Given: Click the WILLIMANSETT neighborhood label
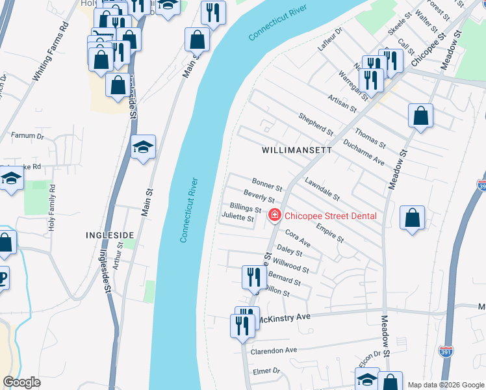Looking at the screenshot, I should [297, 149].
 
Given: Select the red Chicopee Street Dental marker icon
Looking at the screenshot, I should [274, 214].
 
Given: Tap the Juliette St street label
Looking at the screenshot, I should [237, 218].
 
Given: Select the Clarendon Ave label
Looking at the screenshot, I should [274, 350].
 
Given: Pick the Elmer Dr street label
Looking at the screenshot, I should [266, 371].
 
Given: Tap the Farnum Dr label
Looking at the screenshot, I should [27, 136].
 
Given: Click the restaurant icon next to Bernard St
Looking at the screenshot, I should [252, 277].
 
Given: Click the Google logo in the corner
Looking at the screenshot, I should [22, 382].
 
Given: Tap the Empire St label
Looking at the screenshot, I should [331, 233].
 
